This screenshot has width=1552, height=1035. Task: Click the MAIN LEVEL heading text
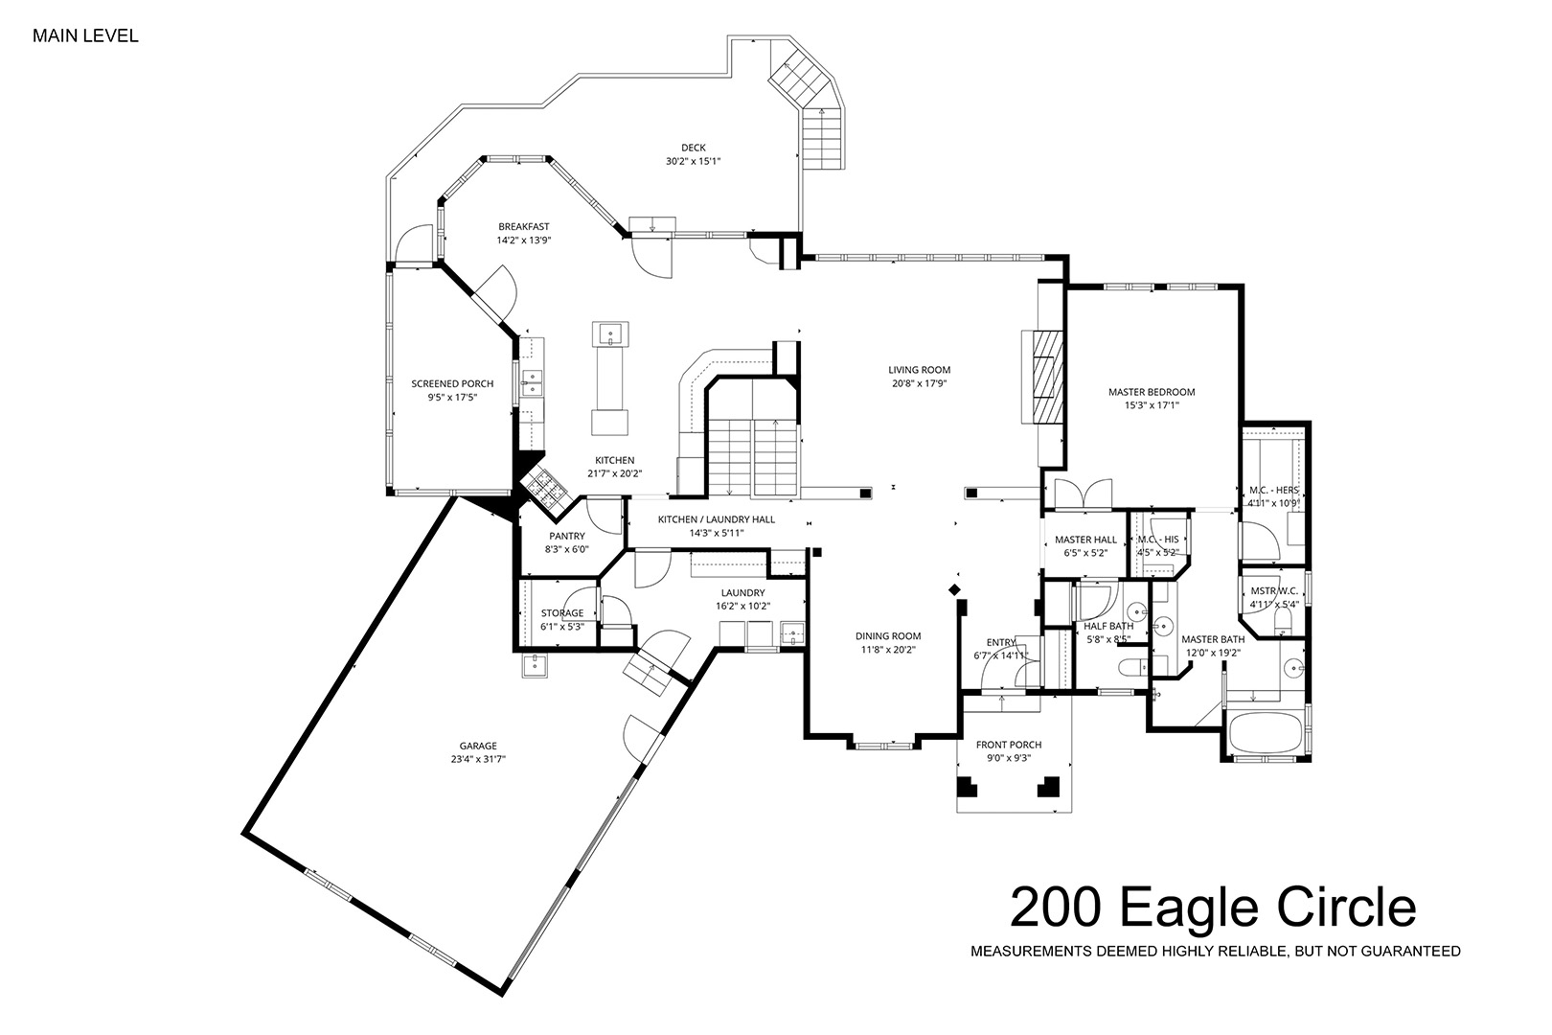(x=85, y=36)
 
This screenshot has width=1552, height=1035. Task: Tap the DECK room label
(x=693, y=148)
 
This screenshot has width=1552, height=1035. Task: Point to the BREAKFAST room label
(x=524, y=227)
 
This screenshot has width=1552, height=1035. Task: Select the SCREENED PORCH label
(x=452, y=384)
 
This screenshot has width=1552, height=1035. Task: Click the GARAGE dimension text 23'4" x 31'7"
(x=478, y=759)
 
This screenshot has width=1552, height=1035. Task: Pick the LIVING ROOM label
(x=920, y=370)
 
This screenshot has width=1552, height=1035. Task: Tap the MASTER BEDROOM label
(x=1152, y=392)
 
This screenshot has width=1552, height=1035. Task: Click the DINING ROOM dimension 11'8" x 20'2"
(x=887, y=651)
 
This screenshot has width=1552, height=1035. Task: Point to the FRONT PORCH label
(x=1009, y=745)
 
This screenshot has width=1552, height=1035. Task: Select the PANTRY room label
(x=567, y=536)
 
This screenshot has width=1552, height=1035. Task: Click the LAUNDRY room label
(x=742, y=592)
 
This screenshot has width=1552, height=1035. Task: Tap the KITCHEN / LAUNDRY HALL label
(x=717, y=519)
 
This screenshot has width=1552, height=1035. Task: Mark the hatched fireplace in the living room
(x=1046, y=377)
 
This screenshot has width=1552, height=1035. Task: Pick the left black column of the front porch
(x=967, y=787)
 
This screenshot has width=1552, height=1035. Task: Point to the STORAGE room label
(x=562, y=612)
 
